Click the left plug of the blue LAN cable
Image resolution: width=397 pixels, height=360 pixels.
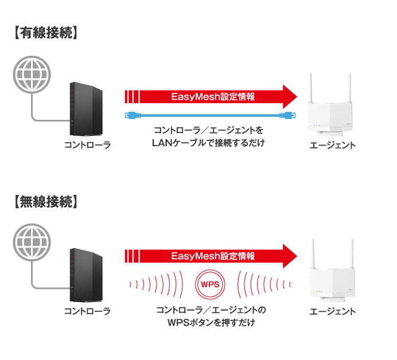click(x=131, y=115)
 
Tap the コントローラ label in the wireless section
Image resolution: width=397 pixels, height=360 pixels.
click(x=87, y=311)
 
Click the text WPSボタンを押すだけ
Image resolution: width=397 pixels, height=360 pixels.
click(x=211, y=323)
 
